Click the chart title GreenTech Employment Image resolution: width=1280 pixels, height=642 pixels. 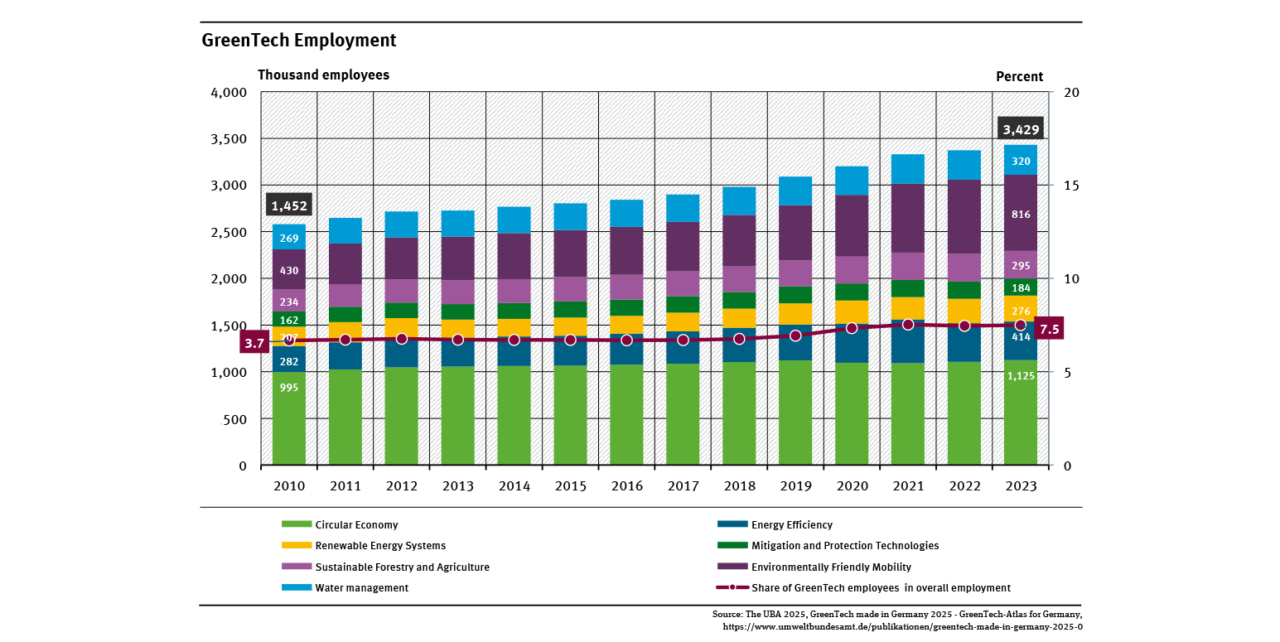click(298, 41)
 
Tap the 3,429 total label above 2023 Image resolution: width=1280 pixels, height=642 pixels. click(1021, 129)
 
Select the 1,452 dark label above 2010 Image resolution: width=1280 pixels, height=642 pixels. click(289, 205)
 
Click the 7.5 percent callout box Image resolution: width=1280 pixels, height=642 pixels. click(1050, 328)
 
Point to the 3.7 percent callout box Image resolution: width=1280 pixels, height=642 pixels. click(254, 342)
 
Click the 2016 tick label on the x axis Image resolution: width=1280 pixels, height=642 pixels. click(626, 486)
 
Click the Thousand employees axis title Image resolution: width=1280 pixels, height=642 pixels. click(323, 75)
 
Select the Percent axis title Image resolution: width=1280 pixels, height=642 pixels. click(1019, 76)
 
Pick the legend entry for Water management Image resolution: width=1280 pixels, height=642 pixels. click(361, 588)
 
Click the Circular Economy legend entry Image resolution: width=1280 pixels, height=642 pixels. click(356, 525)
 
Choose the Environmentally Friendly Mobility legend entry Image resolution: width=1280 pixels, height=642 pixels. click(830, 567)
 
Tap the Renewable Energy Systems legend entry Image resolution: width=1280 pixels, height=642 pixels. click(380, 546)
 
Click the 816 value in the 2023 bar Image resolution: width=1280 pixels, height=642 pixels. click(1021, 215)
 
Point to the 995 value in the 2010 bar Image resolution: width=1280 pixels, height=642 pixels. click(289, 411)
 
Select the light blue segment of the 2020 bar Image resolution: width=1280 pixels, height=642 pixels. click(852, 181)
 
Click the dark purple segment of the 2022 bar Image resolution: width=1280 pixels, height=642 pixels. click(964, 216)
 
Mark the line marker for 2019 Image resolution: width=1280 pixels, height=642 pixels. click(795, 335)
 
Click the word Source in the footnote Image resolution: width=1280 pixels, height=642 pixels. click(727, 615)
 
